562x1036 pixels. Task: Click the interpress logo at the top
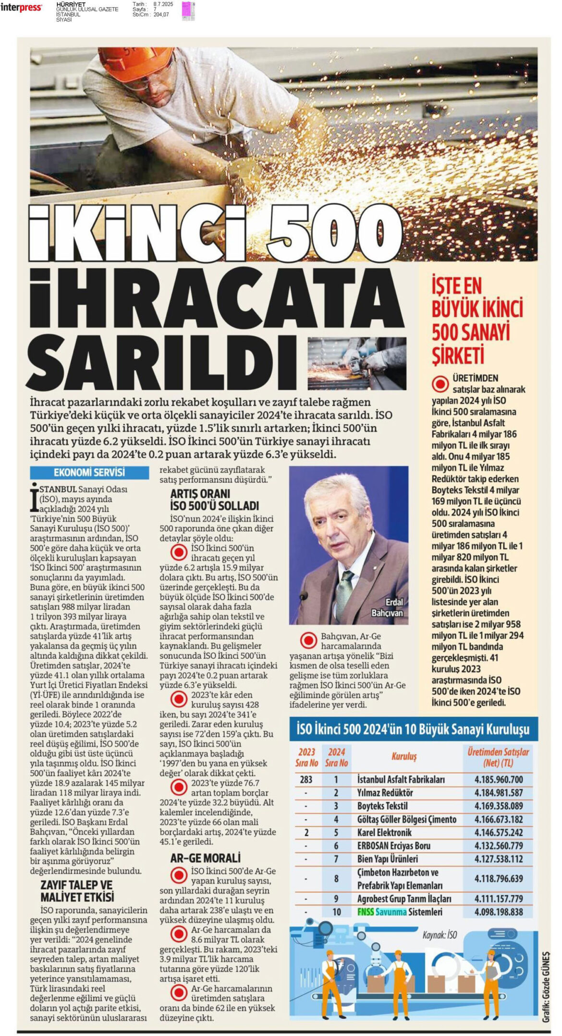point(21,8)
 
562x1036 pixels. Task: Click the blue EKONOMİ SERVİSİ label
point(89,472)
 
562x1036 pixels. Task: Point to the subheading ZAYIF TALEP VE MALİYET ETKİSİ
point(77,891)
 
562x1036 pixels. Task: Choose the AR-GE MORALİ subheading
point(205,858)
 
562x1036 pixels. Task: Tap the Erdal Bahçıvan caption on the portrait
point(387,607)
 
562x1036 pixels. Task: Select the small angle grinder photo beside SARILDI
point(357,363)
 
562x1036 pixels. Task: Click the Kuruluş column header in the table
point(404,757)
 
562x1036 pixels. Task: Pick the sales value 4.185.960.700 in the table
point(499,779)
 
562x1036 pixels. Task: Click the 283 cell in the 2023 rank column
point(306,779)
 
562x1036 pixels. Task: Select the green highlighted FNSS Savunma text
point(382,912)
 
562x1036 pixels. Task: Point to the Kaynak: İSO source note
point(440,935)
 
